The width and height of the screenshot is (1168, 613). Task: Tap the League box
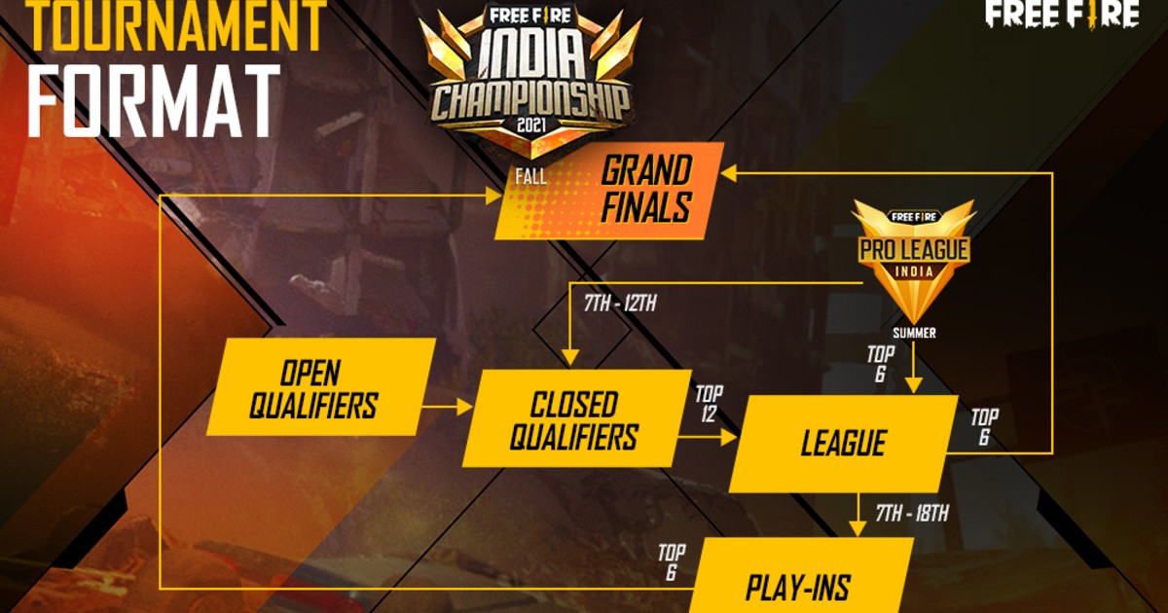pyautogui.click(x=843, y=444)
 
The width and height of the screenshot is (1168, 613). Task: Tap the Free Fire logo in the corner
pyautogui.click(x=1062, y=15)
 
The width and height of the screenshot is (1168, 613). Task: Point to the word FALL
pyautogui.click(x=533, y=177)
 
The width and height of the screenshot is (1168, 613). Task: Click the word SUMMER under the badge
pyautogui.click(x=913, y=333)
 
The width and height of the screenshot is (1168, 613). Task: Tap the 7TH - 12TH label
pyautogui.click(x=619, y=304)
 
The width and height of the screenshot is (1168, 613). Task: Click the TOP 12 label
pyautogui.click(x=710, y=403)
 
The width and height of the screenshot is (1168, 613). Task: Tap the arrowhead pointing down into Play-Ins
pyautogui.click(x=857, y=527)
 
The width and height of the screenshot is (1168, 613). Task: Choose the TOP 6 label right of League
pyautogui.click(x=984, y=429)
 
